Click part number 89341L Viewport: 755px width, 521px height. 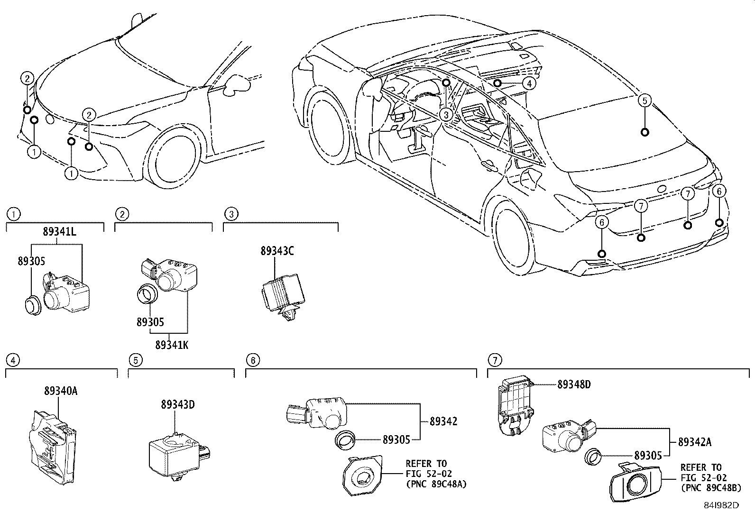click(x=60, y=232)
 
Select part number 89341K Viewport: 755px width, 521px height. click(x=171, y=345)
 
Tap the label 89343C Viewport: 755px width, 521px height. click(x=277, y=251)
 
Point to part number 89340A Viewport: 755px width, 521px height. click(x=61, y=391)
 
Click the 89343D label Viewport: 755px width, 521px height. click(x=178, y=404)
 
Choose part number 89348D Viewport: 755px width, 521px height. click(x=574, y=384)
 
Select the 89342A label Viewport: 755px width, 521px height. click(x=695, y=442)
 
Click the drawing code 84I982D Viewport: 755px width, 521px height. click(x=721, y=505)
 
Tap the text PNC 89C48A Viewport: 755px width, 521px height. click(x=436, y=484)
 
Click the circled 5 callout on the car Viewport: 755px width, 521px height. click(x=645, y=100)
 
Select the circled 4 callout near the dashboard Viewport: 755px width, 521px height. click(x=529, y=83)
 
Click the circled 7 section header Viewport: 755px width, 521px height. click(x=494, y=360)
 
